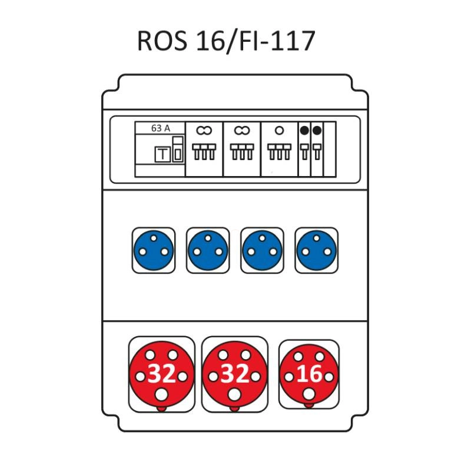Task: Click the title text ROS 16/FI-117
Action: coord(226,41)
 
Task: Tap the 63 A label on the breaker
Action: coord(160,128)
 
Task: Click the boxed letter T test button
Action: coord(162,154)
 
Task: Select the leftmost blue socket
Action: coord(154,250)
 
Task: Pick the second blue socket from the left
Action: coord(208,250)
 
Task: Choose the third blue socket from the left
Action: coord(262,250)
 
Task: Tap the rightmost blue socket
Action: coord(316,250)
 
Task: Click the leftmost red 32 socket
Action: coord(161,374)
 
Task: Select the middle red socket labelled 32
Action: coord(234,374)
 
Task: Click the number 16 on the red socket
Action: coord(309,374)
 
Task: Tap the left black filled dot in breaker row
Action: coord(304,130)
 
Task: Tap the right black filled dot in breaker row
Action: coord(317,130)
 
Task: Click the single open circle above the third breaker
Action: coord(279,130)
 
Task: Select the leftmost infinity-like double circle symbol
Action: coord(204,130)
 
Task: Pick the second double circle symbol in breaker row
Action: coord(242,130)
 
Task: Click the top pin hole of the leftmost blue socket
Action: coord(154,238)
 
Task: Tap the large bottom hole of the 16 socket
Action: coord(309,394)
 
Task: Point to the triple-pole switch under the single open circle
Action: coord(279,152)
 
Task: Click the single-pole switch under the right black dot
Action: coord(317,152)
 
